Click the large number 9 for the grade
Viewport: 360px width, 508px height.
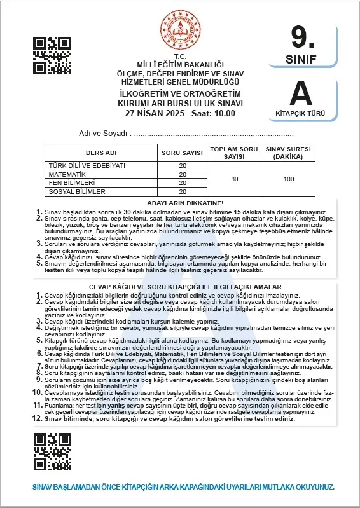point(303,38)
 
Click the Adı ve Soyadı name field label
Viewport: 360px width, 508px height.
point(104,134)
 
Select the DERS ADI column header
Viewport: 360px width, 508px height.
point(101,153)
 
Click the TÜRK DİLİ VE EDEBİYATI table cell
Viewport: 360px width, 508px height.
point(87,165)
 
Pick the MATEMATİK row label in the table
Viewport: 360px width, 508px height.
point(67,174)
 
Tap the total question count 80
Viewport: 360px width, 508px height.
point(235,179)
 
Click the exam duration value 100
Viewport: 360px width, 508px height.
point(289,179)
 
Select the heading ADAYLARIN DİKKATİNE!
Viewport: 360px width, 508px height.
point(181,202)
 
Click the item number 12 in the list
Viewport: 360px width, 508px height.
point(38,419)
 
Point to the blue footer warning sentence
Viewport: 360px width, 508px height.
point(183,486)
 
